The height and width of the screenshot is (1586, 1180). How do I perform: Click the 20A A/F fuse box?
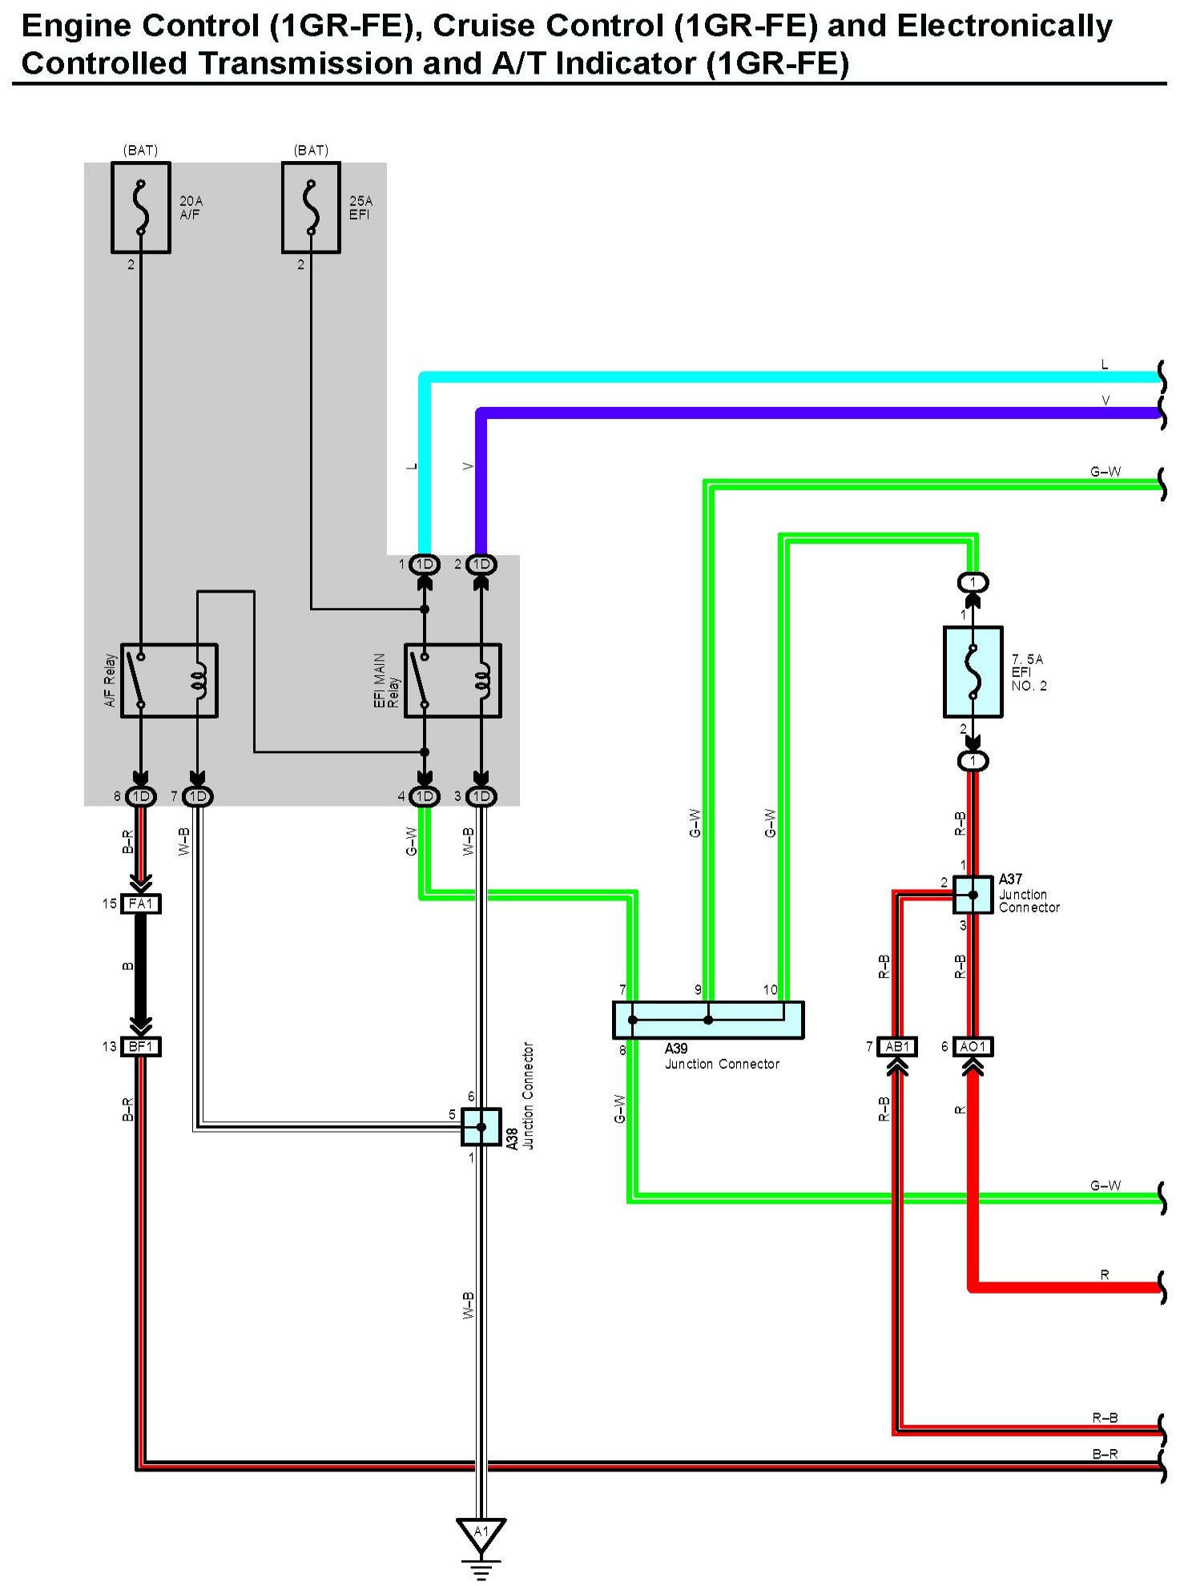[141, 207]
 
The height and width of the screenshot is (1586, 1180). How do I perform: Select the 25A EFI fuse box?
[312, 207]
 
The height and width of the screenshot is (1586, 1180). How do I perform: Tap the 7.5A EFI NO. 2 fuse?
[973, 671]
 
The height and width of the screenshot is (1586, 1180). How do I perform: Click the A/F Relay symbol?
[169, 680]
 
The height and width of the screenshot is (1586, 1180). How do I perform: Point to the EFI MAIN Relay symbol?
[453, 680]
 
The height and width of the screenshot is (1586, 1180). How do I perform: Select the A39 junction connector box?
[708, 1020]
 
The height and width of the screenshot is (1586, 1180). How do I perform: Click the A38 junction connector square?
[481, 1126]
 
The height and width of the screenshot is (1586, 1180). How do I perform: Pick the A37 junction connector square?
[973, 895]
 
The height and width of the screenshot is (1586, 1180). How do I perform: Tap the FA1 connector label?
[141, 904]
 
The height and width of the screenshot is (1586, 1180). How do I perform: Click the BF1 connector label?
[141, 1046]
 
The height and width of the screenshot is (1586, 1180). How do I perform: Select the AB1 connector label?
[897, 1046]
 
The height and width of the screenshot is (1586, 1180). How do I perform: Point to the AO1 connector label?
[973, 1046]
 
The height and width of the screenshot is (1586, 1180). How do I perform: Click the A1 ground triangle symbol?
[481, 1533]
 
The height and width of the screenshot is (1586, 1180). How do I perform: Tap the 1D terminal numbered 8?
[141, 796]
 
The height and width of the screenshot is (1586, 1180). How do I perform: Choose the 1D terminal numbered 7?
[198, 796]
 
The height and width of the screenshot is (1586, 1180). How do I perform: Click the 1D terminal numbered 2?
[481, 564]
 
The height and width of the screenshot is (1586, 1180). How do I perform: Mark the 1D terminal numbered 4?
[425, 796]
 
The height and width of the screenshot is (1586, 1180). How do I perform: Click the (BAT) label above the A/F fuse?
[140, 150]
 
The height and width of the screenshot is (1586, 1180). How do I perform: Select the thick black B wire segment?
[141, 971]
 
